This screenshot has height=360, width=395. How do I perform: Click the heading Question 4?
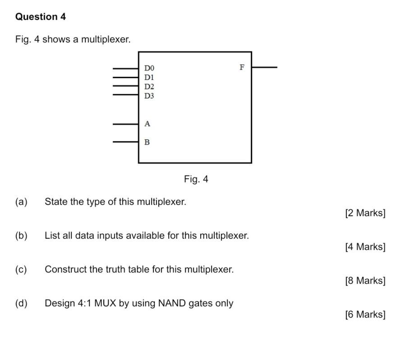41,17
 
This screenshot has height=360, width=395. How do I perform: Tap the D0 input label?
149,68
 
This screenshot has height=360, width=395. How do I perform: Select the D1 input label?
149,77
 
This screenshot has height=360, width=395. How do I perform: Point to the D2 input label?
149,86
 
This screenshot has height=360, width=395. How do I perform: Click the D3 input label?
149,96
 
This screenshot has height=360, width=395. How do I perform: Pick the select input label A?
147,124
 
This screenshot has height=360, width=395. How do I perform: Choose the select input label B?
147,142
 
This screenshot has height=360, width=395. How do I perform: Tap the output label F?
242,67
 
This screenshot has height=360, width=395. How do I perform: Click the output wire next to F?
264,67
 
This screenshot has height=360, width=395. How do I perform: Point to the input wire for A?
125,124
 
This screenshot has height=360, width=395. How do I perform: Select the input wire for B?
125,142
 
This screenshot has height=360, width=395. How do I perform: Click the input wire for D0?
125,69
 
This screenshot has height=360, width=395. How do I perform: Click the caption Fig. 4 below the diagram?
196,179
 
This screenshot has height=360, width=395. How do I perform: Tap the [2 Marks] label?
365,213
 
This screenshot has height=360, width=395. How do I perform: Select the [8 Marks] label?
365,281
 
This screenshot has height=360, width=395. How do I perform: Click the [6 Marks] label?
365,314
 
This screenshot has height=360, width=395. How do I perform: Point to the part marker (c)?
21,269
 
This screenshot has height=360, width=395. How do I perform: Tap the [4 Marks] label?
365,247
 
